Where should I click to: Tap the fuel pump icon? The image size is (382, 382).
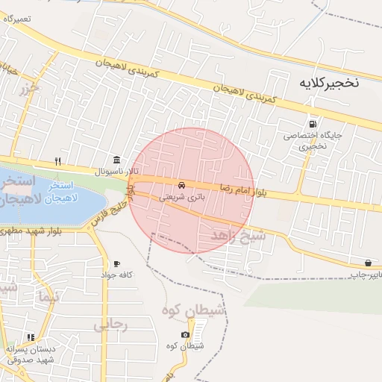point(311,124)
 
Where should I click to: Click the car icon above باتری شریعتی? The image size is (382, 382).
point(181,184)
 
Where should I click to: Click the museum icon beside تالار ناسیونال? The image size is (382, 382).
point(116,160)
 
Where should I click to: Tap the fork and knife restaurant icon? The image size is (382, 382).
point(57,161)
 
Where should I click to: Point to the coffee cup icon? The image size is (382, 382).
point(116,263)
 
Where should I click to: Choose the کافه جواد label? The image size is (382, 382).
point(117,275)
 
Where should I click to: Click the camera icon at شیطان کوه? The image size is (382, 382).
point(185,334)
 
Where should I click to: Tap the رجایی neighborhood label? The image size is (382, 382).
point(112,325)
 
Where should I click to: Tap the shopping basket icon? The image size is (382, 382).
point(369,263)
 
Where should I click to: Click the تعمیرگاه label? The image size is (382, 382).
point(20,18)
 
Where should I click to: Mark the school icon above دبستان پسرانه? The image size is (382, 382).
point(31,337)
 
